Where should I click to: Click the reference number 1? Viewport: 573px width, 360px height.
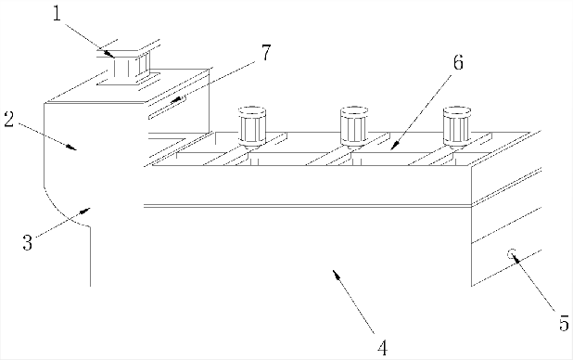pyautogui.click(x=57, y=14)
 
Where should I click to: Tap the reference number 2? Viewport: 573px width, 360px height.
pyautogui.click(x=9, y=120)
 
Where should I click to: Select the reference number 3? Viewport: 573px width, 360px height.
pyautogui.click(x=28, y=242)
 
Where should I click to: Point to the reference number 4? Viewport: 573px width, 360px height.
pyautogui.click(x=382, y=348)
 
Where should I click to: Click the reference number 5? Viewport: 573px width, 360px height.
pyautogui.click(x=564, y=324)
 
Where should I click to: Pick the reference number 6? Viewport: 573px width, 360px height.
pyautogui.click(x=458, y=62)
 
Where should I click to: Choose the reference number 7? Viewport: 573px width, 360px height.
pyautogui.click(x=266, y=53)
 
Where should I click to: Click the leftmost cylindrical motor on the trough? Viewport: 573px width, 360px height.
pyautogui.click(x=252, y=127)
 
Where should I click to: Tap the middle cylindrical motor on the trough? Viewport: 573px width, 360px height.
pyautogui.click(x=354, y=127)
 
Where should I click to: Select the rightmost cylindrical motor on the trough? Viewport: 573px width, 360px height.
pyautogui.click(x=457, y=127)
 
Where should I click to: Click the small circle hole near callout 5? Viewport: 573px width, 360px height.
pyautogui.click(x=512, y=253)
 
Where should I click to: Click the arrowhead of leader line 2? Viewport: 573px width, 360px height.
pyautogui.click(x=74, y=148)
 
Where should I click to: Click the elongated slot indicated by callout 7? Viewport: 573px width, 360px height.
pyautogui.click(x=167, y=108)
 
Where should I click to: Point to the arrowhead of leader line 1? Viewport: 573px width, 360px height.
pyautogui.click(x=112, y=56)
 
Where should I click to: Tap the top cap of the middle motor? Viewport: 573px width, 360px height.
pyautogui.click(x=354, y=109)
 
